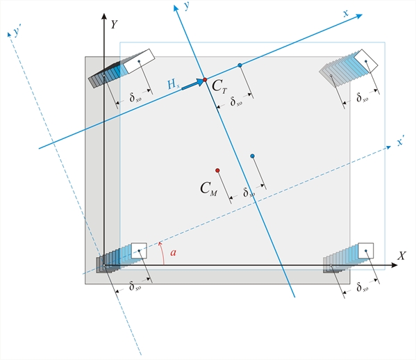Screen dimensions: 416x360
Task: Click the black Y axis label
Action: pyautogui.click(x=114, y=24)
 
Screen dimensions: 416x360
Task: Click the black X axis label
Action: pyautogui.click(x=401, y=256)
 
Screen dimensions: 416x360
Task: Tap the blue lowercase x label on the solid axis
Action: pyautogui.click(x=346, y=13)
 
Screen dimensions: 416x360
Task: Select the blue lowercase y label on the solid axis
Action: pyautogui.click(x=187, y=6)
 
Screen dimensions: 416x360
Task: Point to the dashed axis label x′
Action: pyautogui.click(x=401, y=142)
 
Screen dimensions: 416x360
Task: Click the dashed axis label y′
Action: pyautogui.click(x=17, y=31)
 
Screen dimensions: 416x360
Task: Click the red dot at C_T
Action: pyautogui.click(x=205, y=80)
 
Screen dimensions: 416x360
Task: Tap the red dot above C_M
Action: pyautogui.click(x=217, y=170)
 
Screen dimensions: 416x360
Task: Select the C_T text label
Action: pyautogui.click(x=219, y=86)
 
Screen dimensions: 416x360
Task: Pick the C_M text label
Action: pyautogui.click(x=208, y=189)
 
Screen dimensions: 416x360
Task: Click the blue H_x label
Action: pyautogui.click(x=174, y=84)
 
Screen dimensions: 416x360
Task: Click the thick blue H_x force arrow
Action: pyautogui.click(x=192, y=84)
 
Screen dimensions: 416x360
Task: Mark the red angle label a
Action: pyautogui.click(x=173, y=252)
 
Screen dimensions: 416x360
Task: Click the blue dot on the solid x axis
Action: pyautogui.click(x=240, y=65)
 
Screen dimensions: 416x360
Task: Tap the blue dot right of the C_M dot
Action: pyautogui.click(x=252, y=156)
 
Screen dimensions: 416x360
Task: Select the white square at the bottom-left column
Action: pyautogui.click(x=139, y=251)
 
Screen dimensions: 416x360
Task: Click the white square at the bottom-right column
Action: pyautogui.click(x=366, y=251)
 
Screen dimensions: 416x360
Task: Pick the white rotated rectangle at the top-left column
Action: pyautogui.click(x=140, y=61)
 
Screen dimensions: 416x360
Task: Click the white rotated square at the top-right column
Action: pyautogui.click(x=366, y=61)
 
